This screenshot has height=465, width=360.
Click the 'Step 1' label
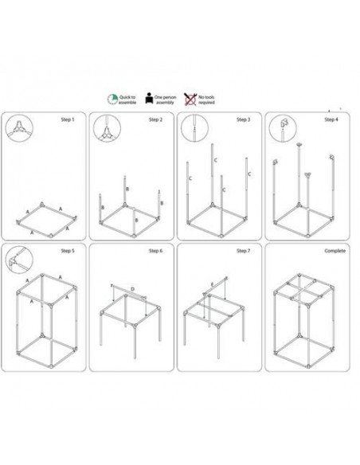click(x=68, y=120)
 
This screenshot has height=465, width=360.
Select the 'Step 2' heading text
click(x=155, y=120)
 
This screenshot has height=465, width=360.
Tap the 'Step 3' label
click(x=243, y=120)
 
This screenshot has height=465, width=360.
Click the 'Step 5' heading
click(x=68, y=251)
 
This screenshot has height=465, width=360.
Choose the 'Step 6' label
click(x=155, y=251)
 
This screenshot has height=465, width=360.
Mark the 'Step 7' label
click(x=243, y=251)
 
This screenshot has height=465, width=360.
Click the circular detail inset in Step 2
click(x=105, y=129)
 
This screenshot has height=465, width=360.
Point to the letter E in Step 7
click(x=211, y=283)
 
